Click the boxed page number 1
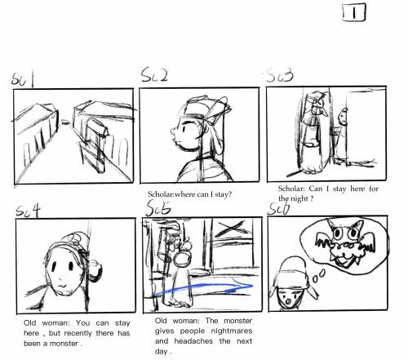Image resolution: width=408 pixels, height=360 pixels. [x=354, y=12]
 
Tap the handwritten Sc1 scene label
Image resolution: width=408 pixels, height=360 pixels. [x=23, y=79]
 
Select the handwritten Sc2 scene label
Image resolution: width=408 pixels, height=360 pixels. [x=154, y=75]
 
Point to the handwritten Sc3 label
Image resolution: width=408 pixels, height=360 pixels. [x=280, y=75]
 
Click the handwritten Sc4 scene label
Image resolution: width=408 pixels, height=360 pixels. [x=28, y=211]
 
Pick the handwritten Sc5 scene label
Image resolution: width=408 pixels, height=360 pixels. [x=158, y=208]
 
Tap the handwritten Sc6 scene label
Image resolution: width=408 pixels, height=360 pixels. [x=279, y=209]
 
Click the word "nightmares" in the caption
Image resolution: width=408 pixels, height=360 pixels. [x=232, y=331]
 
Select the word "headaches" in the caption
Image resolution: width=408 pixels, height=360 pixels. [x=193, y=341]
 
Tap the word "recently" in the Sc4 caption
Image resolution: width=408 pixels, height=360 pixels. [x=78, y=333]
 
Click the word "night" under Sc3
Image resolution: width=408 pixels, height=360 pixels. [x=299, y=198]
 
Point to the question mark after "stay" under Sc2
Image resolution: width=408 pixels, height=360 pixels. [x=230, y=194]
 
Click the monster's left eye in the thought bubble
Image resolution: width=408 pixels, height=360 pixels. [x=339, y=233]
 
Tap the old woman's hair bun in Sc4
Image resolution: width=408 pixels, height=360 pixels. [x=95, y=271]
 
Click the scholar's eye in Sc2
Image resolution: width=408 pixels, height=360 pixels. [x=184, y=129]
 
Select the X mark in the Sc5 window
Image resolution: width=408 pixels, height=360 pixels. [x=229, y=228]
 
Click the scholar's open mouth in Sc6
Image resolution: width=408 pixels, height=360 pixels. [x=288, y=301]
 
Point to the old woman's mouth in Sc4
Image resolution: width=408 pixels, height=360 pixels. [x=62, y=286]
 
